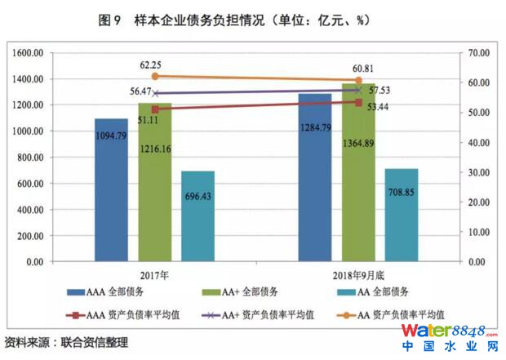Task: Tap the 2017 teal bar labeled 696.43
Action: (x=198, y=216)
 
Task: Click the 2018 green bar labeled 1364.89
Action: (x=358, y=172)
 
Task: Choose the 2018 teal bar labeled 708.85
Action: (x=402, y=216)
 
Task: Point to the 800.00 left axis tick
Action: (x=29, y=158)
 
